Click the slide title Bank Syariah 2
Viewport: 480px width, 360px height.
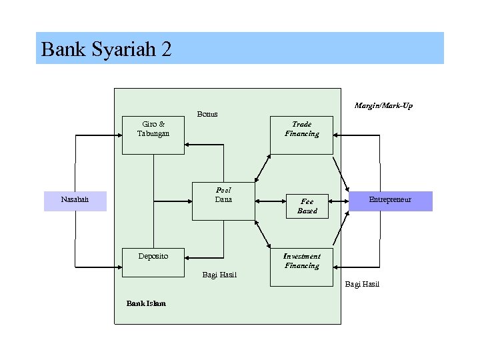click(x=106, y=49)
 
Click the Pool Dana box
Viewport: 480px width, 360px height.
click(x=223, y=201)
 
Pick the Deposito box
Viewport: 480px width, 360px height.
click(x=153, y=261)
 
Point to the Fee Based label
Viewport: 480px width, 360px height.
click(x=307, y=206)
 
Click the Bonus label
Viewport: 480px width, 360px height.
click(x=207, y=114)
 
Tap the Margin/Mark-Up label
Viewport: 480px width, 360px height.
click(x=383, y=105)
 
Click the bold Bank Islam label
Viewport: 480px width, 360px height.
click(x=146, y=304)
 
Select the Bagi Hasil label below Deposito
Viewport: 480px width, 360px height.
click(x=219, y=275)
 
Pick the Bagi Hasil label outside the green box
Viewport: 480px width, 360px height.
click(x=362, y=285)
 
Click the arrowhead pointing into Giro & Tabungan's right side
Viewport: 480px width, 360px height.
click(x=188, y=143)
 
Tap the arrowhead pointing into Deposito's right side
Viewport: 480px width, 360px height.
click(x=188, y=257)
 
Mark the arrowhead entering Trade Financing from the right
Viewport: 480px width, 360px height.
click(x=337, y=135)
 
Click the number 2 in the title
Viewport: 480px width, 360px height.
click(x=166, y=49)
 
